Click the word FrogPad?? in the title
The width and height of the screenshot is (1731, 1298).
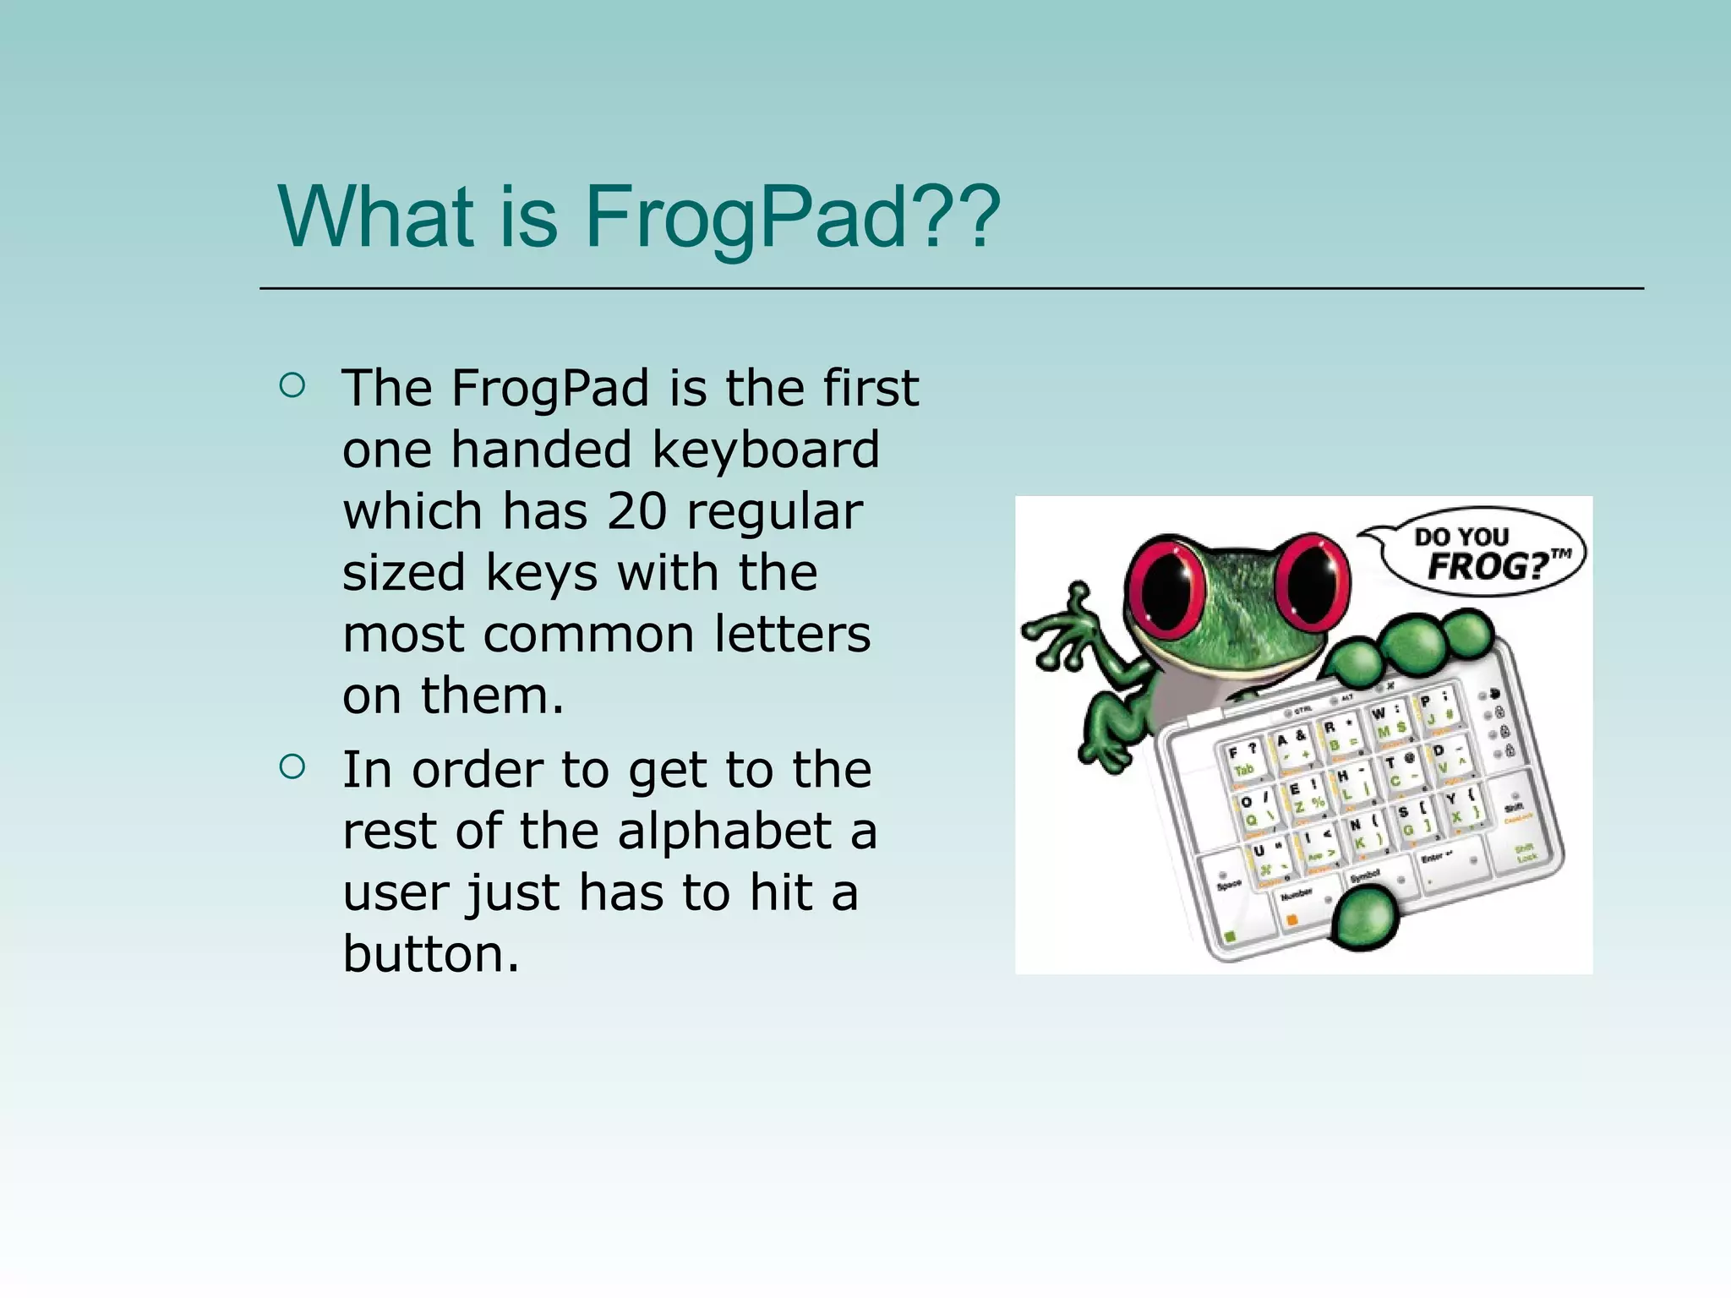791,217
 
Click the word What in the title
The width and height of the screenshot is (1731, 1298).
375,217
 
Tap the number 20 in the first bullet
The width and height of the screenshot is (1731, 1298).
636,512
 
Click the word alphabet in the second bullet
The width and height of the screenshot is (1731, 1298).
725,832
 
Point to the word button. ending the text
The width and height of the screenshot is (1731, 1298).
430,954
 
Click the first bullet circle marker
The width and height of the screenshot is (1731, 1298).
292,386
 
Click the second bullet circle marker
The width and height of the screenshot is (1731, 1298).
292,767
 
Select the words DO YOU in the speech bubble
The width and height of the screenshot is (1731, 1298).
1461,536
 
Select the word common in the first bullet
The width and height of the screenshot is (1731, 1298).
587,635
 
